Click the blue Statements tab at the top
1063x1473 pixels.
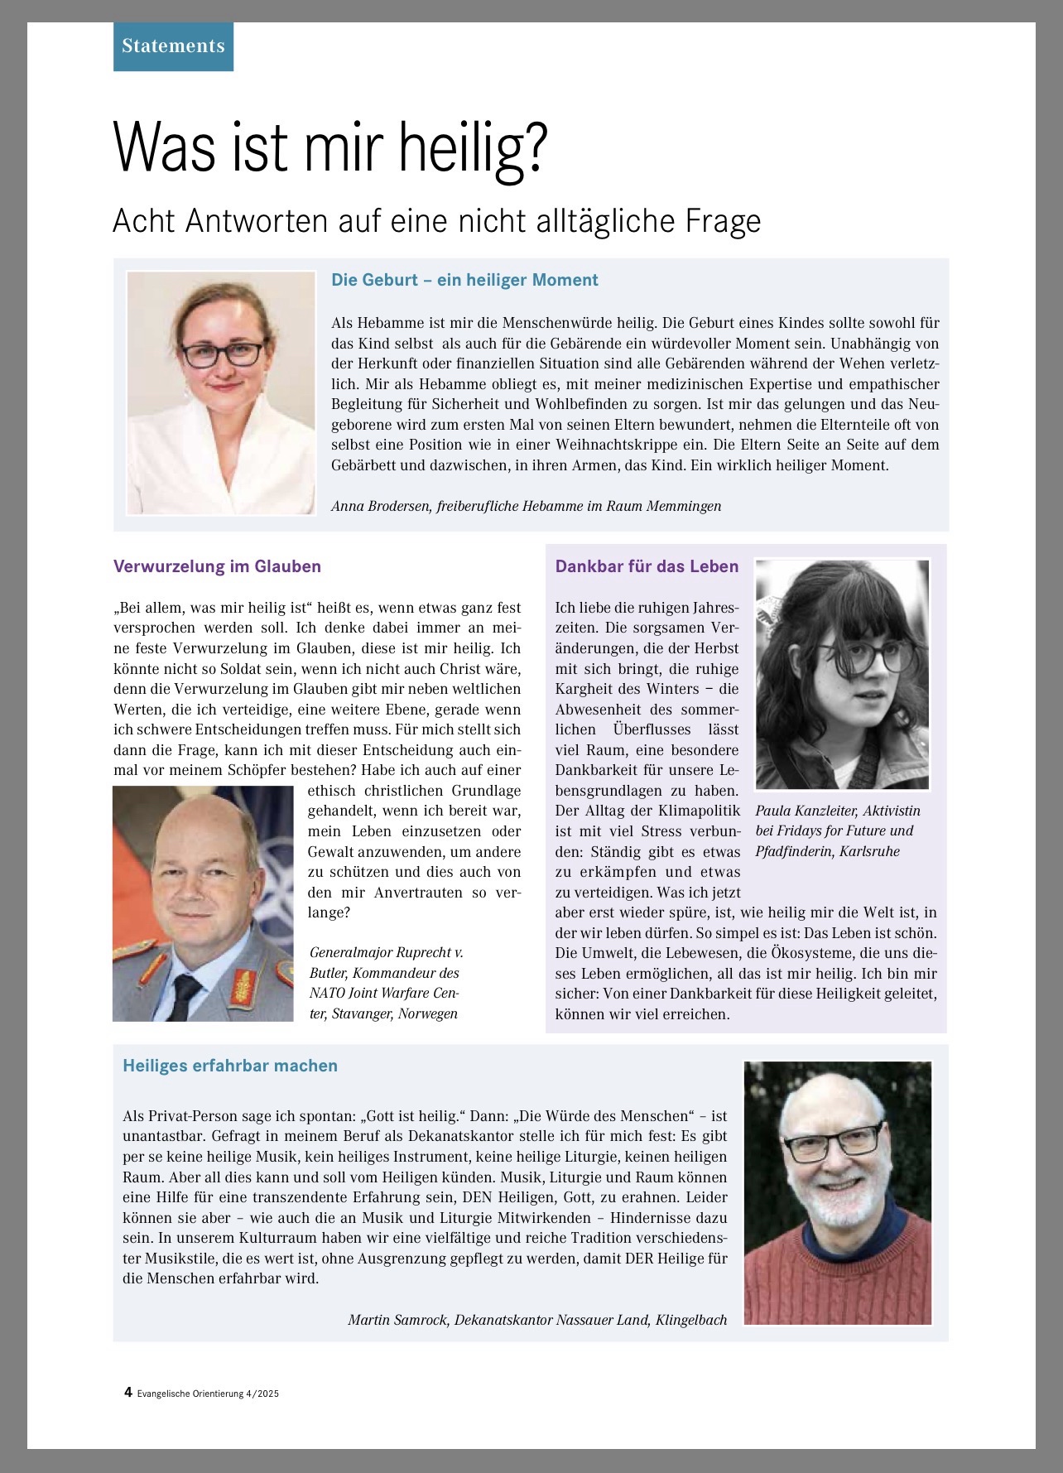pos(173,46)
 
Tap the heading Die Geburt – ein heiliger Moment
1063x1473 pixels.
pos(464,280)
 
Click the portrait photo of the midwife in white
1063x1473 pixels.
pos(221,392)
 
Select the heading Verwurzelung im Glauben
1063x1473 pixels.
pos(217,566)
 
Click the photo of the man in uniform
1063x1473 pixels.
pos(203,903)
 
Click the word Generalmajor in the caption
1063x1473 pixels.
pos(350,952)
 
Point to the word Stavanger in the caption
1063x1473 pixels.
pos(361,1013)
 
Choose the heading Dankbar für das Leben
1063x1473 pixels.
pos(647,566)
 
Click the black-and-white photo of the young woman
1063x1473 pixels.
pos(842,674)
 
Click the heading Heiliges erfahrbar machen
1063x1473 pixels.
pos(230,1066)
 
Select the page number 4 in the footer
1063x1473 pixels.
pos(128,1392)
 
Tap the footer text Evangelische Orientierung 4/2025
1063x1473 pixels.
pos(208,1394)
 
